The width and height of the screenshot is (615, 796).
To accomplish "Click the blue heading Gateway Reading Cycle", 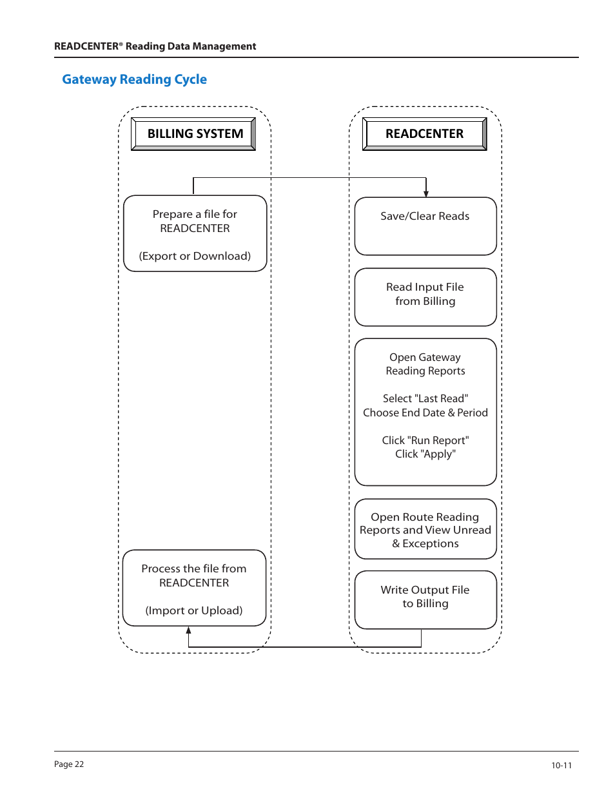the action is (135, 79).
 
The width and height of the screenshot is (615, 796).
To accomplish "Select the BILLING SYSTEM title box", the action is (193, 133).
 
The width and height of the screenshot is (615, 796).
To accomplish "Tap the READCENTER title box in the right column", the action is (425, 133).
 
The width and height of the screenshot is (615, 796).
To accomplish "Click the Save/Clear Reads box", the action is (425, 226).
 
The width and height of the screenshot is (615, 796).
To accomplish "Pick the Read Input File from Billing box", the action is (425, 297).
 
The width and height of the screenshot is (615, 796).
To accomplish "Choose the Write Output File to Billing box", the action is (425, 599).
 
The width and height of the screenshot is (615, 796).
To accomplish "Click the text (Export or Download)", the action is (195, 256).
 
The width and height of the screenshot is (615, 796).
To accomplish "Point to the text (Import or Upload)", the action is (194, 610).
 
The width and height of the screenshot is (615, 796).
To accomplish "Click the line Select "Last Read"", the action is (425, 398).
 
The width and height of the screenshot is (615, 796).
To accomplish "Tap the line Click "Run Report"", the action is (425, 440).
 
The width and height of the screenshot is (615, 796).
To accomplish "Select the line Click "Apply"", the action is (425, 454).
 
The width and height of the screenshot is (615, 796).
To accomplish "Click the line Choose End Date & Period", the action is (425, 413).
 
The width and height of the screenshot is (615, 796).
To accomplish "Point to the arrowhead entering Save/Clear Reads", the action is (426, 194).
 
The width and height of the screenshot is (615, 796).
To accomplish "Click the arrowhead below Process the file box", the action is (188, 630).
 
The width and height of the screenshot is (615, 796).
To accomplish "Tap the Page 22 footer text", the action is (69, 764).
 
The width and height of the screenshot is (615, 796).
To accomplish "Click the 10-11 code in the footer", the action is (561, 765).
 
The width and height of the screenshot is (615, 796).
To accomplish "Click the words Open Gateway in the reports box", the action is (425, 357).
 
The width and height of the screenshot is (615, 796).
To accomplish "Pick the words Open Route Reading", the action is (425, 516).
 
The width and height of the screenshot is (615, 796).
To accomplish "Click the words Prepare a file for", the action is (195, 214).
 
